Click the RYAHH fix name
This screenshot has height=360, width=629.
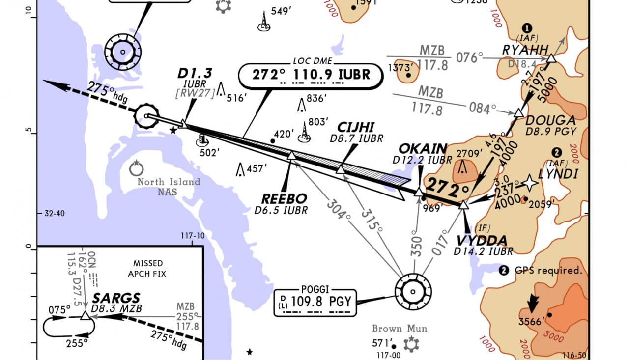(x=525, y=50)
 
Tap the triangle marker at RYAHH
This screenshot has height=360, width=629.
(x=551, y=58)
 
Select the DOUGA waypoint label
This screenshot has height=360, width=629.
(x=550, y=120)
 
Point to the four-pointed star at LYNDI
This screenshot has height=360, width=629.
(x=530, y=183)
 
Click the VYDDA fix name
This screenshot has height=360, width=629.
(x=482, y=241)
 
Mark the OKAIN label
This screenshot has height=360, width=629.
(x=423, y=148)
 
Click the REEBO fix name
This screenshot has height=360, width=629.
(x=284, y=199)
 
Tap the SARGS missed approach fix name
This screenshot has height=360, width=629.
(x=116, y=298)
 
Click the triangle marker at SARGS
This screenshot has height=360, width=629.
(x=86, y=315)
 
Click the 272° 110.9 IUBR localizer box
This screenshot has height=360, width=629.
(x=311, y=75)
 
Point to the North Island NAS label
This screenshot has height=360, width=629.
(x=169, y=186)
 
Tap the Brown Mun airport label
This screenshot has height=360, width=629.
(x=400, y=329)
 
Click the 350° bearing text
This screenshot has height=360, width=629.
(x=416, y=246)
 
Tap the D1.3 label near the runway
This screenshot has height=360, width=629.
(x=195, y=74)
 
